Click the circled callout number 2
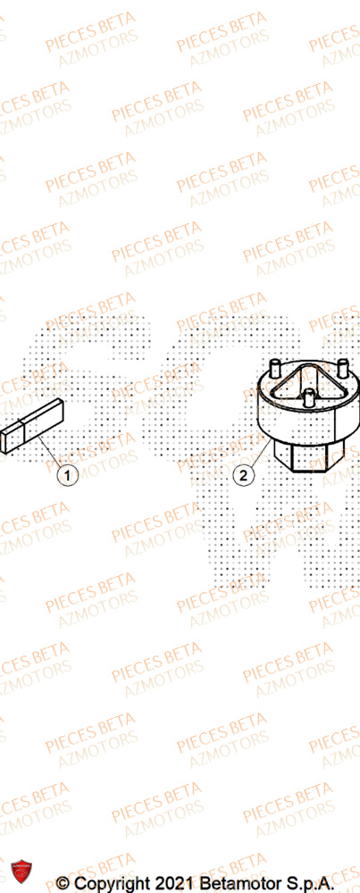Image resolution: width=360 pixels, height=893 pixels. (242, 476)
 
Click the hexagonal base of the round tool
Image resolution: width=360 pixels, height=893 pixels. (307, 459)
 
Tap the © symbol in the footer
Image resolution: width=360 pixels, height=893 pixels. (63, 882)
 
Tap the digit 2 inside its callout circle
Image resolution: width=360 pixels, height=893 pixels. (242, 476)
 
